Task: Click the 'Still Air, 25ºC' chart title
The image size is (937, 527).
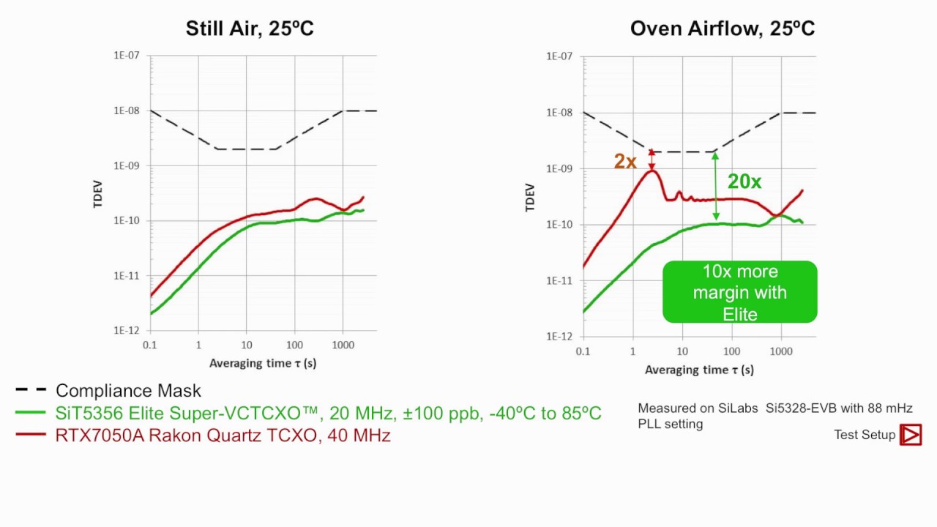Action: tap(250, 29)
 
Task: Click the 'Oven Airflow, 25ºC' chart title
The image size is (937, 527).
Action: tap(722, 29)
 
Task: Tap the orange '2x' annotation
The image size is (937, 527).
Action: tap(625, 162)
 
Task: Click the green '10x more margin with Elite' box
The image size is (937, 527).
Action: tap(739, 292)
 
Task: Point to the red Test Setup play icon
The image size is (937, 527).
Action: tap(911, 435)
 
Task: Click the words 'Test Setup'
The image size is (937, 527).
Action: tap(865, 435)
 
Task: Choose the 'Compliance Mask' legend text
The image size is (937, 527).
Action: tap(128, 391)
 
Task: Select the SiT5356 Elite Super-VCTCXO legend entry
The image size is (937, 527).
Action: tap(328, 413)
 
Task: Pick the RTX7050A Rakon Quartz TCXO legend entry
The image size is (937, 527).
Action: tap(223, 435)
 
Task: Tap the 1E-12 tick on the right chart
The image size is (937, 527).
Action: tap(560, 337)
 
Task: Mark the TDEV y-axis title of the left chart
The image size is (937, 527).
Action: tap(98, 193)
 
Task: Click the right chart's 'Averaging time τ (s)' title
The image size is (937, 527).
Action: tap(699, 370)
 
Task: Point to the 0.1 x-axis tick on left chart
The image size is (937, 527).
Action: tap(150, 344)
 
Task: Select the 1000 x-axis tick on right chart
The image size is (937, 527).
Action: tap(781, 351)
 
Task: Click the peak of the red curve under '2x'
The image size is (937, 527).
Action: tap(652, 171)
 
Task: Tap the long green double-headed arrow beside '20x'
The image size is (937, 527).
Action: tap(716, 186)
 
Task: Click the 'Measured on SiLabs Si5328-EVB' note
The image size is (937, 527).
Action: tap(774, 416)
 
